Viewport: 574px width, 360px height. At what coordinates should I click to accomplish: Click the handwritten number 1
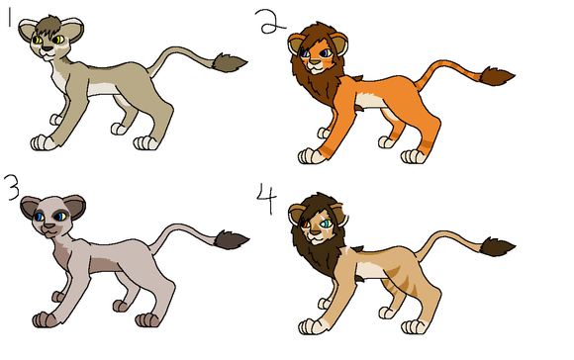(x=9, y=18)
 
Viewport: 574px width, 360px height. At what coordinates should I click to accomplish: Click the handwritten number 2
(x=271, y=22)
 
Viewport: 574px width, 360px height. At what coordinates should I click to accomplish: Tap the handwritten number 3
(x=12, y=187)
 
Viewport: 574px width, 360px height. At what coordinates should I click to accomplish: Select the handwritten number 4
(x=266, y=199)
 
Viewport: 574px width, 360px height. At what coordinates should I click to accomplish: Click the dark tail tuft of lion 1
(x=229, y=63)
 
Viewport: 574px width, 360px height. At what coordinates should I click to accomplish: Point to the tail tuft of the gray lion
(x=231, y=240)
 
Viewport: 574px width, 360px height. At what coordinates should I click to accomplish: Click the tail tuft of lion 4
(x=497, y=246)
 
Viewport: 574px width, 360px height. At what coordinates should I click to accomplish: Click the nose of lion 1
(x=48, y=48)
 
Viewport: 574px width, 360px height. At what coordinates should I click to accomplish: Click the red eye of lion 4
(x=306, y=223)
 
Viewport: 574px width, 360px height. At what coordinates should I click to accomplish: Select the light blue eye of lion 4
(x=325, y=223)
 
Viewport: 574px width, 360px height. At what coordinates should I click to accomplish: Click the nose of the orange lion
(x=315, y=62)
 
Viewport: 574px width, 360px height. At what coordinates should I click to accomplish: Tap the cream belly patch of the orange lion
(x=370, y=100)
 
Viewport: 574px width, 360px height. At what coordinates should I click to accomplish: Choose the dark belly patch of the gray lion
(x=106, y=264)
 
